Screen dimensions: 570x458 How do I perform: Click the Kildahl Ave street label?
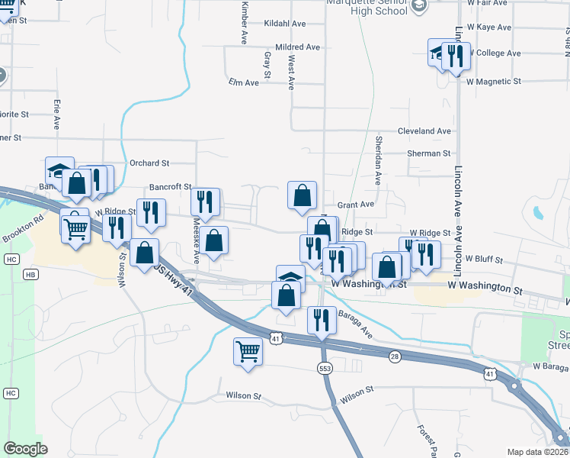point(284,24)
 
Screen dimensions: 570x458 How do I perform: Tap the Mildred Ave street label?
point(298,47)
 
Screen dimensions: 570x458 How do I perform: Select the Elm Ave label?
point(243,81)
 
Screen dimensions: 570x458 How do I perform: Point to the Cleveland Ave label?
point(424,131)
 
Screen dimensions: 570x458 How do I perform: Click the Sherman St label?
point(429,153)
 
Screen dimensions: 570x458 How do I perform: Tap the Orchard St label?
point(149,163)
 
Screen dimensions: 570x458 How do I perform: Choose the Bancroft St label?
point(170,186)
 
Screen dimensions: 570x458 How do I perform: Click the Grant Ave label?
point(356,205)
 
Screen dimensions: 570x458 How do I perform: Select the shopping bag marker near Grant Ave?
point(303,195)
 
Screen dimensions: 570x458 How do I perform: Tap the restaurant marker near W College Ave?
point(456,55)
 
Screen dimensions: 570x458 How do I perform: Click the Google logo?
point(25,449)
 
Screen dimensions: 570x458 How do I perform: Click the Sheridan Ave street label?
point(378,160)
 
